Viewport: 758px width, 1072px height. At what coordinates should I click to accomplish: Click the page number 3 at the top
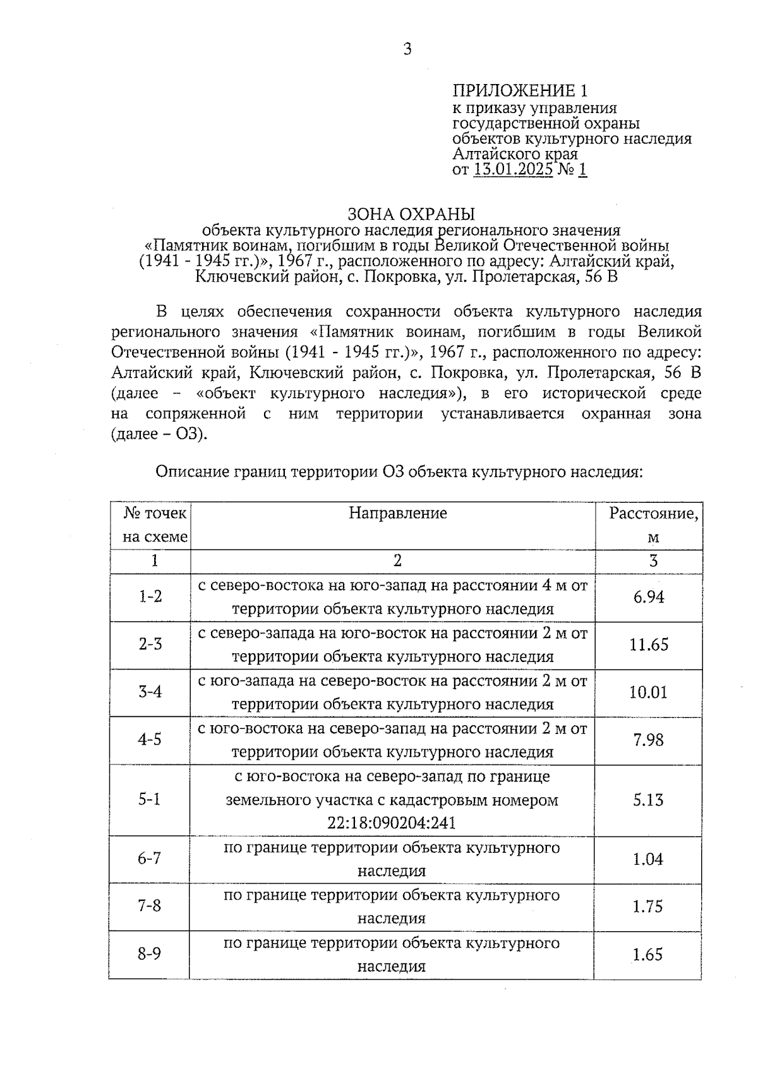[x=407, y=49]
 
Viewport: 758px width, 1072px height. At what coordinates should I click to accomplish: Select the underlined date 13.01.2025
[x=513, y=169]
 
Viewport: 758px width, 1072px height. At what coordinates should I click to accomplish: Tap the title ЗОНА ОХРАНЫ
[x=411, y=214]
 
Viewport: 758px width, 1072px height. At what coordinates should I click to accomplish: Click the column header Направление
[x=397, y=513]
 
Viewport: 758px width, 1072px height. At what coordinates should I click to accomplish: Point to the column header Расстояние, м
[x=653, y=525]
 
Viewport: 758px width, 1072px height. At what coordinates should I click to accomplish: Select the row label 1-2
[x=150, y=596]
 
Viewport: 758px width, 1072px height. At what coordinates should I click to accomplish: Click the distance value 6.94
[x=649, y=597]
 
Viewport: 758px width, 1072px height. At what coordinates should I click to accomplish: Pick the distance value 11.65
[x=649, y=645]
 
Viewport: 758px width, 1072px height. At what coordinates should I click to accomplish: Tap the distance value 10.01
[x=648, y=692]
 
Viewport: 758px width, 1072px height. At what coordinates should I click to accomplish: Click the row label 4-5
[x=150, y=740]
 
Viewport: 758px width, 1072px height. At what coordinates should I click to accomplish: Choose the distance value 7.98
[x=649, y=740]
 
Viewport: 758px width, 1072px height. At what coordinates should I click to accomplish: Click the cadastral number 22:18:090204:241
[x=392, y=824]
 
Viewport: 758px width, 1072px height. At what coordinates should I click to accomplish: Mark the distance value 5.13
[x=649, y=800]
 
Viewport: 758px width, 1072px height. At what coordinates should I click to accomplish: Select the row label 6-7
[x=150, y=858]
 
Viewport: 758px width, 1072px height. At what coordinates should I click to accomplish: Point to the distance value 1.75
[x=648, y=906]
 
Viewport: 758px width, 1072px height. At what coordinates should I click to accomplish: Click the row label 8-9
[x=150, y=954]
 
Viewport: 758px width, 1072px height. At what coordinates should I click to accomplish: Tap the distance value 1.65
[x=648, y=955]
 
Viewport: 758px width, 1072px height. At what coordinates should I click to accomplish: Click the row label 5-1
[x=150, y=800]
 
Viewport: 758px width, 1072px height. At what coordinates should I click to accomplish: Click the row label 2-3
[x=150, y=644]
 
